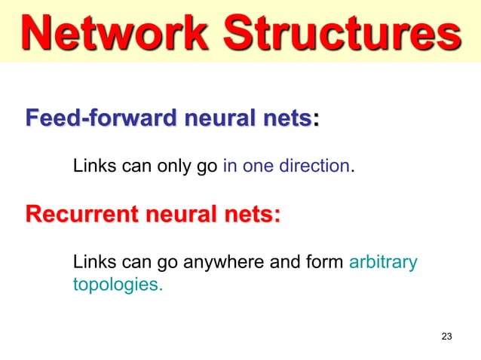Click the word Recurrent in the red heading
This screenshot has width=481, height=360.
74,215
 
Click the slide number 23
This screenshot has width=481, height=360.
446,336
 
